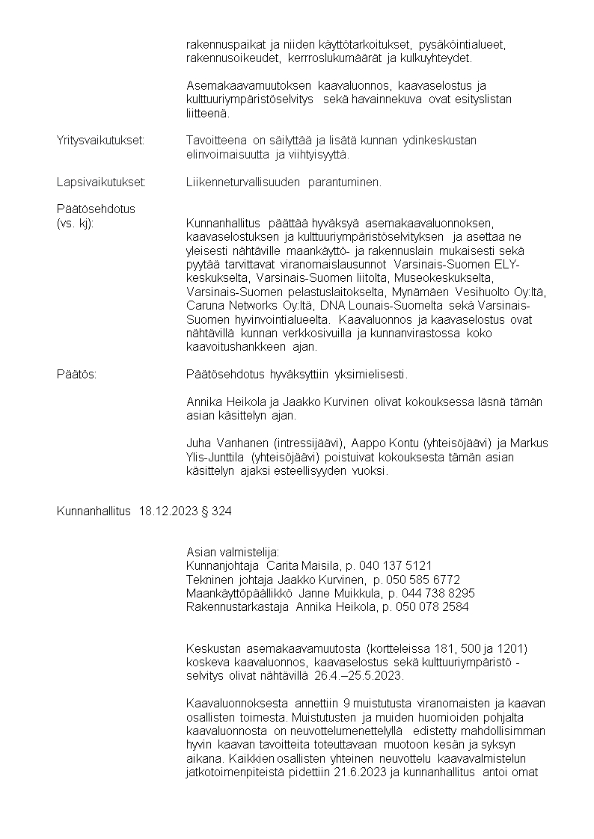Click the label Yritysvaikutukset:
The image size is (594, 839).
pos(100,141)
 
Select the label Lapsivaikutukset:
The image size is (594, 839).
pos(101,182)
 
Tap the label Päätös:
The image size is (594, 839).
pos(76,373)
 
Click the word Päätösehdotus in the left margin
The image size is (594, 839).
pos(96,209)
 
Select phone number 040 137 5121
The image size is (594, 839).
pos(396,565)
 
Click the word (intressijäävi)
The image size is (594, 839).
pos(305,443)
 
